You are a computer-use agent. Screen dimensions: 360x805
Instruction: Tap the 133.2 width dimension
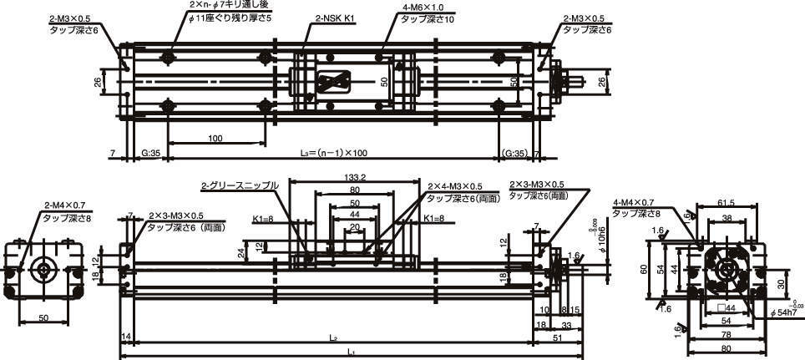356,178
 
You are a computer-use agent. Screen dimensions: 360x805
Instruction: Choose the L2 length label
332,338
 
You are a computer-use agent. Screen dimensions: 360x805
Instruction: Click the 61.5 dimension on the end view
726,203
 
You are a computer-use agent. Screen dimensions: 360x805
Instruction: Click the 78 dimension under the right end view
726,335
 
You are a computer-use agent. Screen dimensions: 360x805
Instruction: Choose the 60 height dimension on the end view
644,269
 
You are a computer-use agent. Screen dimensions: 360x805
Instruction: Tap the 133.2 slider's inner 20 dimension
354,226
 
